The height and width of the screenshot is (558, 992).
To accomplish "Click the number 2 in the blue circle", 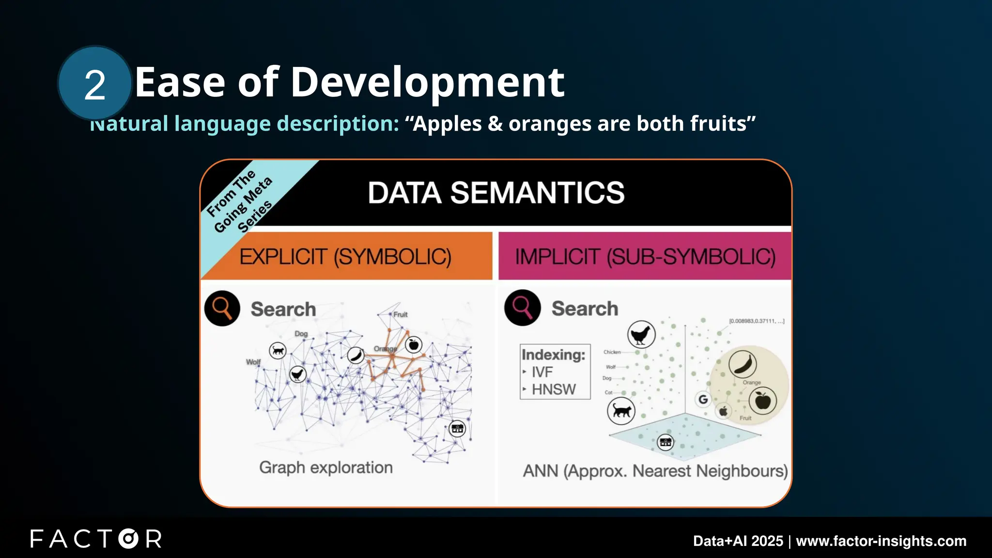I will coord(95,85).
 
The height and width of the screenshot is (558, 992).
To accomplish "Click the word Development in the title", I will coord(427,82).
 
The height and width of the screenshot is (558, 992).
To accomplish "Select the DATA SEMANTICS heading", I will coord(496,193).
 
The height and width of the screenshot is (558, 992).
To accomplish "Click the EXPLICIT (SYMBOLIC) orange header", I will coord(345,257).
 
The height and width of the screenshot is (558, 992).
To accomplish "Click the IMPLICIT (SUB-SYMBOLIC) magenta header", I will coord(645,257).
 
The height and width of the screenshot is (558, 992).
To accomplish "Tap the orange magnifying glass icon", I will coord(222,308).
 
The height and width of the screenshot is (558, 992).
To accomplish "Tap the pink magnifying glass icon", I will coord(522,308).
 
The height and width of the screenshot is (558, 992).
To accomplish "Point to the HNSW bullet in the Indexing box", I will coord(553,389).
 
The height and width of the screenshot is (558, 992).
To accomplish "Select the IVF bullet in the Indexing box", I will coord(542,372).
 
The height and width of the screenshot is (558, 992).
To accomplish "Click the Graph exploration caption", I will coord(326,467).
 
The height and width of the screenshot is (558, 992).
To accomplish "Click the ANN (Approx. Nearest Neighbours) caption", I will coord(655,471).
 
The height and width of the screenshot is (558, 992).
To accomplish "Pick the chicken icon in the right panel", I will coord(641,334).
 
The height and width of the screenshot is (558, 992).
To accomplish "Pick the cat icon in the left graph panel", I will coord(278,350).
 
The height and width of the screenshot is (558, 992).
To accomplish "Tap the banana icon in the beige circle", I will coord(742,364).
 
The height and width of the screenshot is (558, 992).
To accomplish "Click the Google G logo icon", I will coord(703,399).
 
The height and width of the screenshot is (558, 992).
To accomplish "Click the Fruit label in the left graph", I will coord(400,314).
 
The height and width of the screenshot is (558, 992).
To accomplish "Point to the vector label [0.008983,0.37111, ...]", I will coord(756,321).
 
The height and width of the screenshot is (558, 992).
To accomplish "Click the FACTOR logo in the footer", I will coord(96,539).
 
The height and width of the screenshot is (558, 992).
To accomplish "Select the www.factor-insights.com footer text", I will coord(881,541).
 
